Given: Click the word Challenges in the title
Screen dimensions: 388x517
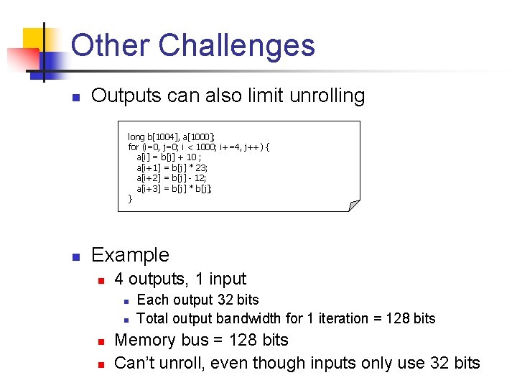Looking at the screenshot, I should pos(236,45).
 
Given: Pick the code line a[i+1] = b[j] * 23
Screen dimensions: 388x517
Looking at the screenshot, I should pos(172,167).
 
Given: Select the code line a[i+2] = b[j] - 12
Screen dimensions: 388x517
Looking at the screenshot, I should pos(172,177).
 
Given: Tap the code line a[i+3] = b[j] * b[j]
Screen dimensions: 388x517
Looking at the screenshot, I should pos(174,188).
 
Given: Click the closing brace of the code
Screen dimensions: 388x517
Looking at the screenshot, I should pos(130,198).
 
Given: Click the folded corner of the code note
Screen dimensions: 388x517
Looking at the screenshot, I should pos(353,205).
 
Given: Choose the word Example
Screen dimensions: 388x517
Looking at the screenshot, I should pos(131,255).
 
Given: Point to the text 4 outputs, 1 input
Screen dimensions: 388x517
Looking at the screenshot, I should pos(180,279).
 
